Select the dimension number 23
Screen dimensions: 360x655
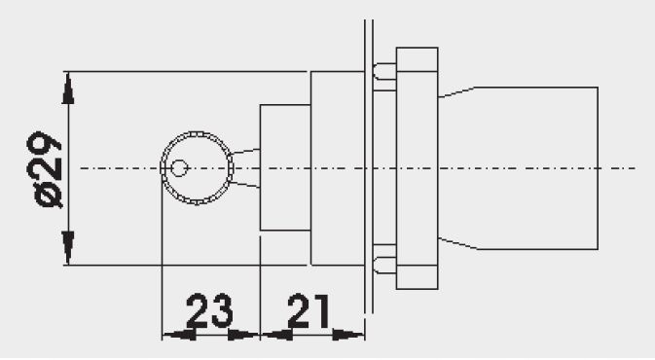point(209,311)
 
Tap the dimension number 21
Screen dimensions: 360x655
point(309,311)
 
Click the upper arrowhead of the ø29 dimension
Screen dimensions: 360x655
point(68,89)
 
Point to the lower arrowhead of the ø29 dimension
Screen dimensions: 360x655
point(68,247)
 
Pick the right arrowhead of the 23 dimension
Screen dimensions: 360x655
point(243,335)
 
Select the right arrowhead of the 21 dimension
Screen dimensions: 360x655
point(346,335)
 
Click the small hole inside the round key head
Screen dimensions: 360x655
point(178,168)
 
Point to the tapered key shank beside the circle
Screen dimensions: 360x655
point(246,168)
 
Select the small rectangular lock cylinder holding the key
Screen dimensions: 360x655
point(284,168)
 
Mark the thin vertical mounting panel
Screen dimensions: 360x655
point(368,168)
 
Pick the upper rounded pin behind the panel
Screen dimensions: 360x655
point(385,71)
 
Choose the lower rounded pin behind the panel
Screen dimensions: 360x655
point(385,263)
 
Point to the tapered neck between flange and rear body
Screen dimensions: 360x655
point(457,168)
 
